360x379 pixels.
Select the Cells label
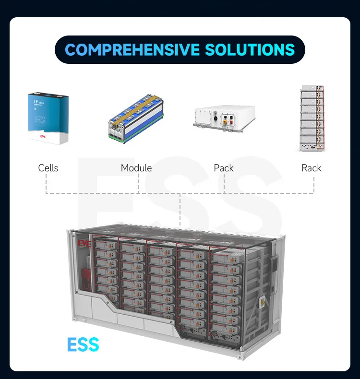click(48, 168)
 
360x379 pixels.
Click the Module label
click(136, 168)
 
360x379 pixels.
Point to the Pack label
click(224, 168)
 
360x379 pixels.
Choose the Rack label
click(311, 168)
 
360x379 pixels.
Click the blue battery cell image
click(48, 117)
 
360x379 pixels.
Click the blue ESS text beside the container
click(83, 344)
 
